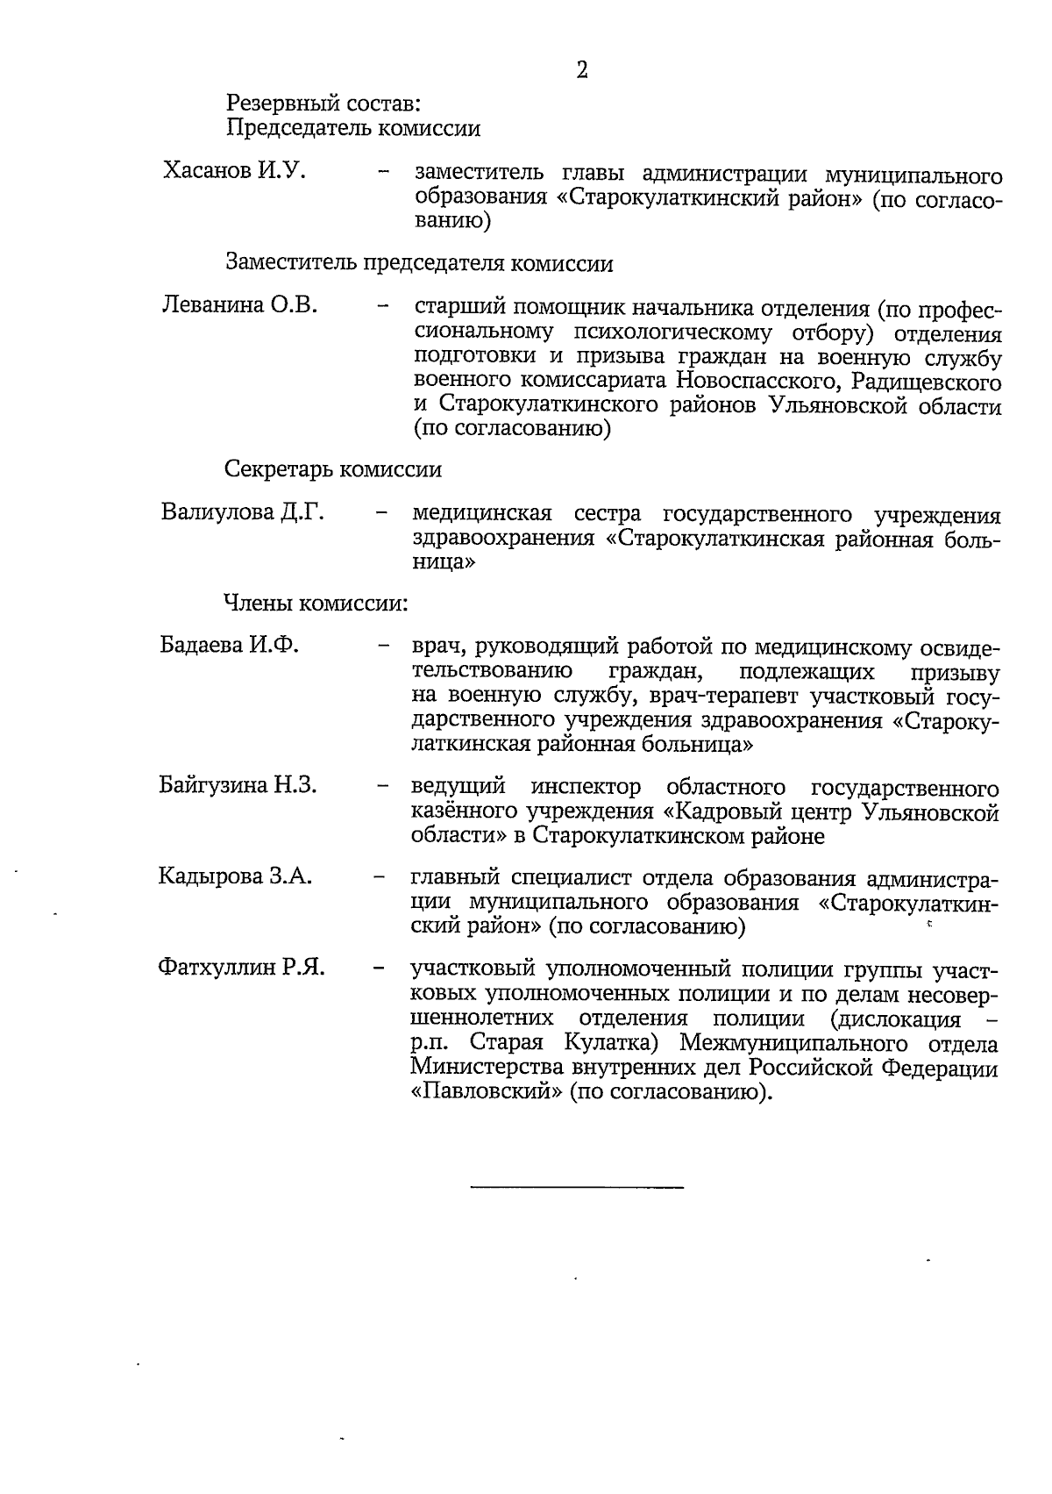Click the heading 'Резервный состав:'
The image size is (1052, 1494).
[323, 104]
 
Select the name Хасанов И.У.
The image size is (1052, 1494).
[234, 170]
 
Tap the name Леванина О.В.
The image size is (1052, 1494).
[240, 305]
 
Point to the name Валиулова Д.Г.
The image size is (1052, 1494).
[243, 511]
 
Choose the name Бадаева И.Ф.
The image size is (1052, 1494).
[230, 645]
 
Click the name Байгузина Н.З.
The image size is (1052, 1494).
[238, 784]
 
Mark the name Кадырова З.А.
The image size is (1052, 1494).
[235, 876]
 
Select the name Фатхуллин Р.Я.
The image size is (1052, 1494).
[241, 968]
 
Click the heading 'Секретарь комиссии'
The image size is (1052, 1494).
[333, 469]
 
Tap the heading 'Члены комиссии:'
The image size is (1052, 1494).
[316, 603]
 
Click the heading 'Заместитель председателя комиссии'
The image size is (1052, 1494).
[419, 262]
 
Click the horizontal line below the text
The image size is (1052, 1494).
[577, 1187]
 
